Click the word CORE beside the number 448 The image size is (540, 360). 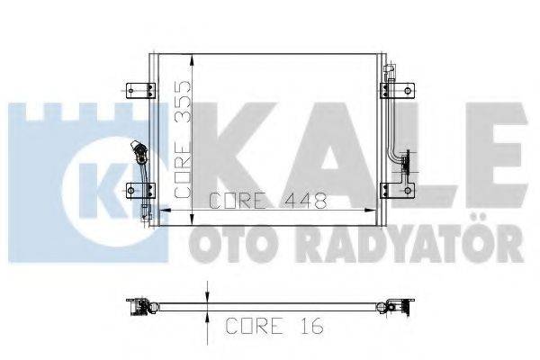point(229,202)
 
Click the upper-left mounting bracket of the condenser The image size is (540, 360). point(136,88)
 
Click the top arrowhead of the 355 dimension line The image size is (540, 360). point(193,58)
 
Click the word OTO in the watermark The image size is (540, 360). point(221,242)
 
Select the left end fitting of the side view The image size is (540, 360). point(139,307)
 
